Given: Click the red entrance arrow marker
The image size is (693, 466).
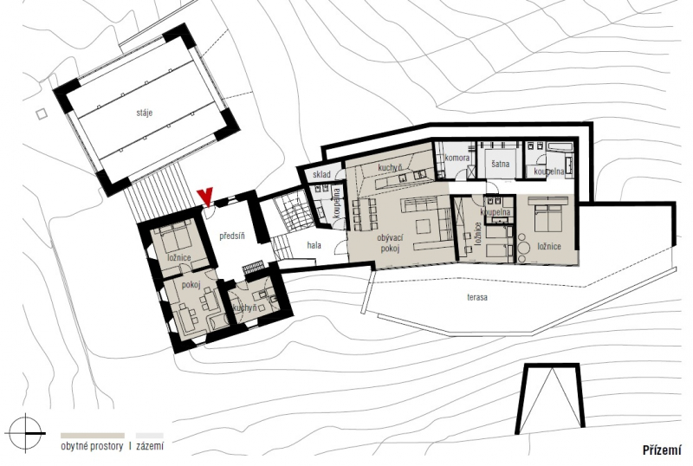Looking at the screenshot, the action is [205, 197].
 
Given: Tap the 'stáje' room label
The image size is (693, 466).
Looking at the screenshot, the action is [145, 113].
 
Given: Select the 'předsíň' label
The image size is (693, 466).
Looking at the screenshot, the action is [232, 236].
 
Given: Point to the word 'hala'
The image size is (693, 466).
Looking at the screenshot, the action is [314, 245].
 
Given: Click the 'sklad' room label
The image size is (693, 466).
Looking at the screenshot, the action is [321, 175].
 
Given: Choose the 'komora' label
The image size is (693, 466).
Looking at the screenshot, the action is [457, 158].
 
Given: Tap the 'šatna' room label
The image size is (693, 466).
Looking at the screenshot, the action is [501, 164].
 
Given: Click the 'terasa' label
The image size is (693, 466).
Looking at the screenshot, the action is [477, 297].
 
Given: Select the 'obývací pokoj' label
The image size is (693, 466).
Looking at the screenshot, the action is [390, 243].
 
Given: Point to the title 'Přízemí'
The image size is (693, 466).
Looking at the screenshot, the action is [662, 450].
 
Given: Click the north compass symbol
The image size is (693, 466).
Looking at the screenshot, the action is [26, 433].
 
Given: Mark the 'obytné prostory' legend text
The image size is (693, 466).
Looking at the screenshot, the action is [92, 446].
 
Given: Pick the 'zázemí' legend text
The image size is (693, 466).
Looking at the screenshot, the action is [150, 446].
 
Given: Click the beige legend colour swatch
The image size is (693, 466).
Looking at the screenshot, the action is [93, 436].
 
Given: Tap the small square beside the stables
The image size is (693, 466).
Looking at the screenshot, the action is [42, 114].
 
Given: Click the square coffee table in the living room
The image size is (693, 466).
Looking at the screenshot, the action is [423, 227].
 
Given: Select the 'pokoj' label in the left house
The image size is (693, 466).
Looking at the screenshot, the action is [191, 285].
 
